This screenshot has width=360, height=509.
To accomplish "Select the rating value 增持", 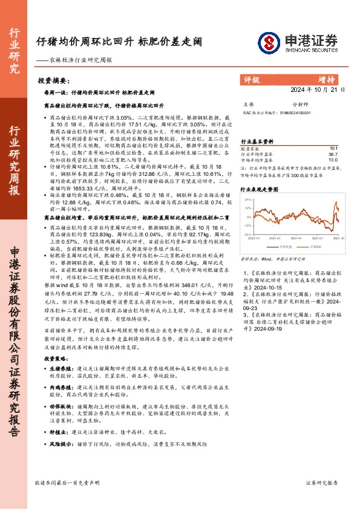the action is point(327,79).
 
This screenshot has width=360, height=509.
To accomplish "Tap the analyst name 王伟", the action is point(248,104).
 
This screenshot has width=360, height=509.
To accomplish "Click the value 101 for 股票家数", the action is point(333,148).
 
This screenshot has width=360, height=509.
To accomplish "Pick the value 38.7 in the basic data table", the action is point(333,154).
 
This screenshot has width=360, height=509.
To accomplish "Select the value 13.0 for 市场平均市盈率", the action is point(333,160).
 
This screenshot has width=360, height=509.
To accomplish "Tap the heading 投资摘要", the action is point(51,80).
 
